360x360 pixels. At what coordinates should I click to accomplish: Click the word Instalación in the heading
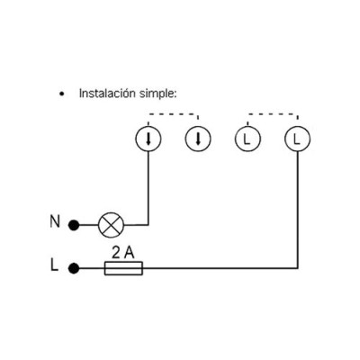[x=107, y=94]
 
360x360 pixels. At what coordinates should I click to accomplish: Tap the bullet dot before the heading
[x=62, y=94]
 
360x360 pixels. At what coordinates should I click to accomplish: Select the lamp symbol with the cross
[x=111, y=225]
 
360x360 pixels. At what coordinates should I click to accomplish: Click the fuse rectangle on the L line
[x=123, y=268]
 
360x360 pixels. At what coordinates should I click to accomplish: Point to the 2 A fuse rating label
[x=123, y=253]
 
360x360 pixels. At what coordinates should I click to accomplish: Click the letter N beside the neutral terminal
[x=55, y=222]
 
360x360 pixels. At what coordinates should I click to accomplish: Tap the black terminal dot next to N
[x=74, y=225]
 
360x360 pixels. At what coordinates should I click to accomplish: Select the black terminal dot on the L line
[x=74, y=268]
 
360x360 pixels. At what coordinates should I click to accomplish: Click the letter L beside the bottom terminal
[x=54, y=265]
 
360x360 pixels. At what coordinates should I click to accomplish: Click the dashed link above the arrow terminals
[x=173, y=114]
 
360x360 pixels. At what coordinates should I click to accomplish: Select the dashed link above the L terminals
[x=273, y=114]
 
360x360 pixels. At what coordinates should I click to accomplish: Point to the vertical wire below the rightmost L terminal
[x=297, y=210]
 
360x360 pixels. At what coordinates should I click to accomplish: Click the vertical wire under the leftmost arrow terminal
[x=148, y=188]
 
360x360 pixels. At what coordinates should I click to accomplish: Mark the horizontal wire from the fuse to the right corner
[x=220, y=268]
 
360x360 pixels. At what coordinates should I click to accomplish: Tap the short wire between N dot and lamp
[x=88, y=225]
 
